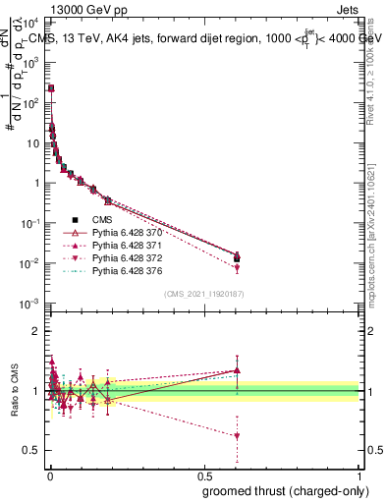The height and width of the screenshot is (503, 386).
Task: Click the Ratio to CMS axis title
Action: [13, 391]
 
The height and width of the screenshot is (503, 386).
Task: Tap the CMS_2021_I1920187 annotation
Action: [204, 294]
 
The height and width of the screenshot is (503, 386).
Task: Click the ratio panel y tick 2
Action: [37, 332]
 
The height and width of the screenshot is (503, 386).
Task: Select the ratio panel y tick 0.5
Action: [34, 450]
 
